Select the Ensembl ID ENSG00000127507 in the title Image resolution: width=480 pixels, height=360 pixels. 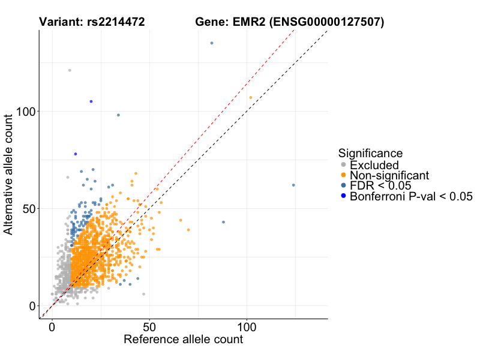pos(326,23)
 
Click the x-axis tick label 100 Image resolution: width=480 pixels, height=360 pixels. pos(247,328)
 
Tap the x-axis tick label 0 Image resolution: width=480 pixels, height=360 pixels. pos(52,328)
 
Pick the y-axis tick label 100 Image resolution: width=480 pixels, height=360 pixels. pos(25,111)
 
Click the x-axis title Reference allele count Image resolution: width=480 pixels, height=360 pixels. pos(183,340)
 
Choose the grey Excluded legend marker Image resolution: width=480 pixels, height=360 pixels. pos(343,165)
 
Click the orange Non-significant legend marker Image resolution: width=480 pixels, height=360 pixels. pos(343,175)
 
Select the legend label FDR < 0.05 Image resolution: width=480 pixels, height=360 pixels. pos(380,185)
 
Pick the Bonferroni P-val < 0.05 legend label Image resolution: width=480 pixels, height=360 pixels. pos(412,196)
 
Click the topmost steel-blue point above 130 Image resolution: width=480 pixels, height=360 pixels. pos(212,43)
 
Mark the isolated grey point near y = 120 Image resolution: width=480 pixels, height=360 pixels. pos(70,70)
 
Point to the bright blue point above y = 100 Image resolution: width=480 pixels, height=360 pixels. pos(91,101)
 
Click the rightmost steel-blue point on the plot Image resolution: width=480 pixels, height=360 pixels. pos(293,185)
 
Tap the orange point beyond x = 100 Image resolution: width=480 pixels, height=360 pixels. pos(251,98)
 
